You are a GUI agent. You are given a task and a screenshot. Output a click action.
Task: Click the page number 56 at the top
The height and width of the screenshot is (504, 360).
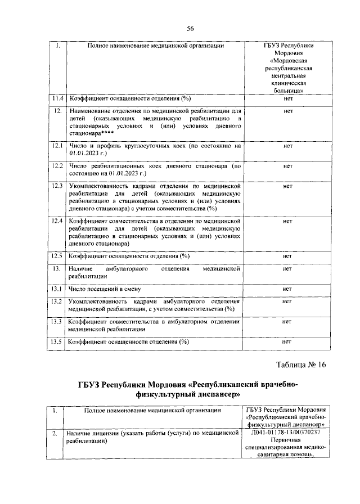pyautogui.click(x=190, y=29)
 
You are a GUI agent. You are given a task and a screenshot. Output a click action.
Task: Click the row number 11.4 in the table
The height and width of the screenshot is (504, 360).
pyautogui.click(x=56, y=98)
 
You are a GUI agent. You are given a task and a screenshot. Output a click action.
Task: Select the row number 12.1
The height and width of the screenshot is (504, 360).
pyautogui.click(x=56, y=146)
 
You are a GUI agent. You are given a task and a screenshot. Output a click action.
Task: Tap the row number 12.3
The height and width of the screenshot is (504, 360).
pyautogui.click(x=56, y=185)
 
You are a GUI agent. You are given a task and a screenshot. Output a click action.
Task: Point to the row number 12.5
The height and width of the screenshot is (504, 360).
pyautogui.click(x=56, y=256)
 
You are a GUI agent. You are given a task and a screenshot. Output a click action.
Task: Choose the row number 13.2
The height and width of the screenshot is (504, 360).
pyautogui.click(x=56, y=301)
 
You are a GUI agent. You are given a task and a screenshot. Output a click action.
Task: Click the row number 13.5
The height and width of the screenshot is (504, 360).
pyautogui.click(x=56, y=341)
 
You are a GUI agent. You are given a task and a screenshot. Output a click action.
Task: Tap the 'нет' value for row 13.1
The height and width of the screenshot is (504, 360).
pyautogui.click(x=287, y=289)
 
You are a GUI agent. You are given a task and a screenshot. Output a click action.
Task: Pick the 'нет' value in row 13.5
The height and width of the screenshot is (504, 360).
pyautogui.click(x=287, y=341)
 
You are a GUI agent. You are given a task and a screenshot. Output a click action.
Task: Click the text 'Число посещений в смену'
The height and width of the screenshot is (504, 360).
pyautogui.click(x=103, y=289)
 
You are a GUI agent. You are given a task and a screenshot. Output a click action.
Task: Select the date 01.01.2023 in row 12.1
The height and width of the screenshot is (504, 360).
pyautogui.click(x=85, y=153)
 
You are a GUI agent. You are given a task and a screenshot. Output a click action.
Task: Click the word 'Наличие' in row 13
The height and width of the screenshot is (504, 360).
pyautogui.click(x=80, y=269)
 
